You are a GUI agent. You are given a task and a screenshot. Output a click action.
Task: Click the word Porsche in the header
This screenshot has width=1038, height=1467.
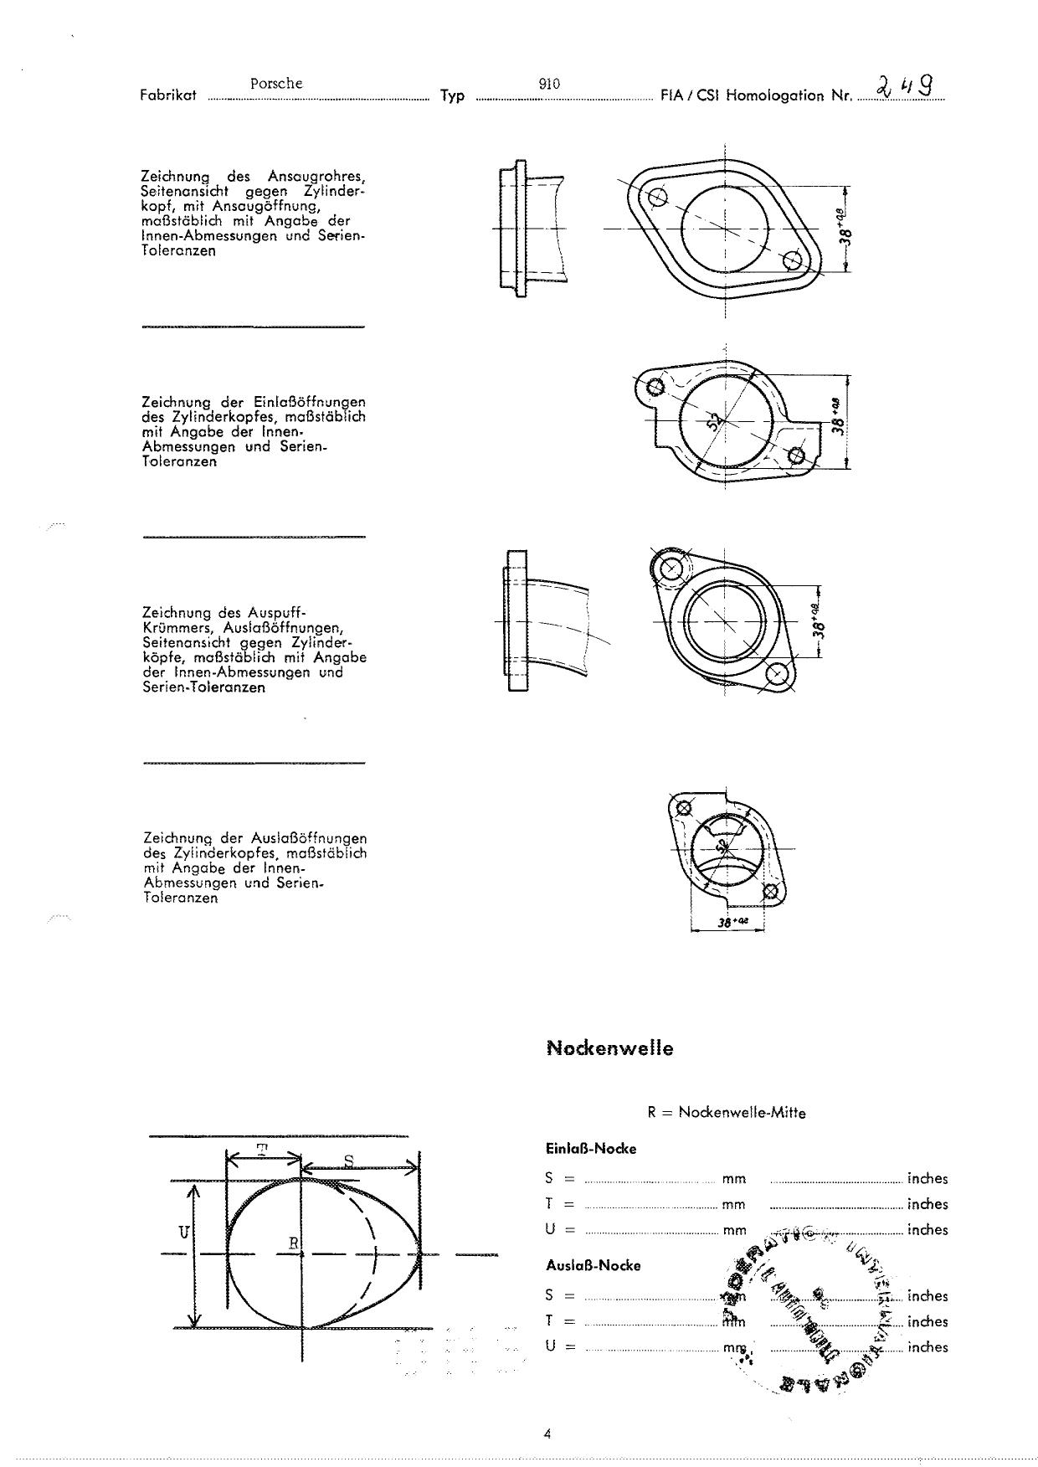(275, 84)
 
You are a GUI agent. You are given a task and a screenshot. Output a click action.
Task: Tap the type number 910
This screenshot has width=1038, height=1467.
(549, 84)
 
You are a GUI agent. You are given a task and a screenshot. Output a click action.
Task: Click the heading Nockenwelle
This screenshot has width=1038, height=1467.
(609, 1047)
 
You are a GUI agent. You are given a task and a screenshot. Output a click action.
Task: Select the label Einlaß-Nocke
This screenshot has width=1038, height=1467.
(590, 1149)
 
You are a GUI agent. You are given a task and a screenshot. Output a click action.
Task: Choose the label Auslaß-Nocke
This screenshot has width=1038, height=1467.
(593, 1265)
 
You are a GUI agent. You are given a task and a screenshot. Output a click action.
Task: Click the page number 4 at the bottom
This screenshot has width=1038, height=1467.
(547, 1433)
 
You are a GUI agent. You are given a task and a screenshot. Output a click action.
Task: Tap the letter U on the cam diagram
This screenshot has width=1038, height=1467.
(183, 1232)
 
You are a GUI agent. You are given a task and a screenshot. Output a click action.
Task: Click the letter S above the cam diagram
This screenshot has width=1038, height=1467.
(348, 1160)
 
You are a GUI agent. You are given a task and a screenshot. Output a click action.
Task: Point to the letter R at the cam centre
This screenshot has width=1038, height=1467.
(294, 1243)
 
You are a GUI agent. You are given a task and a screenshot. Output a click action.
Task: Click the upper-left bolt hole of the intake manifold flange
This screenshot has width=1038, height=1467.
(657, 198)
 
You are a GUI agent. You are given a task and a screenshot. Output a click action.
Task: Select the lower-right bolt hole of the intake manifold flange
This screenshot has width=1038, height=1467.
(792, 260)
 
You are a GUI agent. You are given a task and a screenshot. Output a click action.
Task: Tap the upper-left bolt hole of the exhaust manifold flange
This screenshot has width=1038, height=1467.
(670, 569)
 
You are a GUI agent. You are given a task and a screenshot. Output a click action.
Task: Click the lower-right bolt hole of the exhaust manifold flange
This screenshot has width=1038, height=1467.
(776, 674)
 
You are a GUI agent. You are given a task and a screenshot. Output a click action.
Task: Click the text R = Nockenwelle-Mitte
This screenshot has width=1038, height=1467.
(726, 1113)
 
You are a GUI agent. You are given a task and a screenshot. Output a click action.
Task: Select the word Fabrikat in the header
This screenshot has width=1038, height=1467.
(168, 95)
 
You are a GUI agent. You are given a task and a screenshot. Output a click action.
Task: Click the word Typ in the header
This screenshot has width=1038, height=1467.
(452, 95)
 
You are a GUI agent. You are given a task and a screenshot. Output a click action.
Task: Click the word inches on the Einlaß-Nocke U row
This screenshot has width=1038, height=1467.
(928, 1230)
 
